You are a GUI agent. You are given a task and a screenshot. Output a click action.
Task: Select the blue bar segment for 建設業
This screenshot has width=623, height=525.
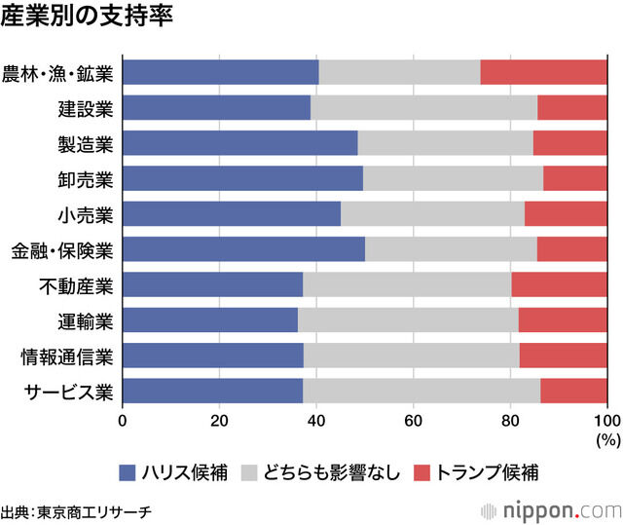coord(217,108)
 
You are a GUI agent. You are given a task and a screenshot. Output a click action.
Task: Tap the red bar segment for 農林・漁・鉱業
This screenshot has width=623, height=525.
coord(543,73)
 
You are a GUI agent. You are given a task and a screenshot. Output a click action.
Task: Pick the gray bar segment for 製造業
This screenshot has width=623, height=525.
coord(445,143)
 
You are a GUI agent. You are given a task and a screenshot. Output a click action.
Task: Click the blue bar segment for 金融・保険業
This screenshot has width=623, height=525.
coord(244,249)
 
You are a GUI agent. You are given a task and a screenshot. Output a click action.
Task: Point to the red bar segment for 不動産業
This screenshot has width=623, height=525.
coord(559,284)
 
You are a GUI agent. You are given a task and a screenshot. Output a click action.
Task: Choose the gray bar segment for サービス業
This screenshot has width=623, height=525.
coord(421,391)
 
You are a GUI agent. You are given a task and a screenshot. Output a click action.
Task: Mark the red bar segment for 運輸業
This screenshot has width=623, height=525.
coord(562,319)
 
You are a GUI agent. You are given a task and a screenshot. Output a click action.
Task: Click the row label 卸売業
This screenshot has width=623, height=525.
coord(86,179)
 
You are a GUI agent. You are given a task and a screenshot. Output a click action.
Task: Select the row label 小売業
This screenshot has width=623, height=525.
coord(86,214)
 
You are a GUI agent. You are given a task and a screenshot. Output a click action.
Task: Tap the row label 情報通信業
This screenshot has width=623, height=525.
coord(67,356)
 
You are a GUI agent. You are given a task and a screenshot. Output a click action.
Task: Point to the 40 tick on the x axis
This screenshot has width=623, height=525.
coord(316,421)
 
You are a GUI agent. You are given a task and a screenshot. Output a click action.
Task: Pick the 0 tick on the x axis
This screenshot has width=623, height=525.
coord(123,421)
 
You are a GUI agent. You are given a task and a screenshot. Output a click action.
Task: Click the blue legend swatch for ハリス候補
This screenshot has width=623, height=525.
coord(128,472)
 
